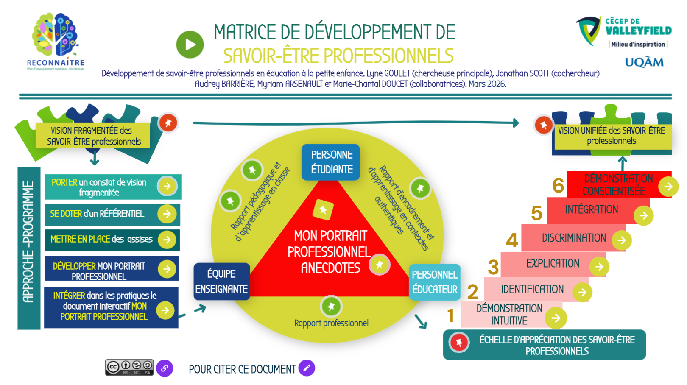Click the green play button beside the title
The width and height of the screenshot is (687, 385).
coord(190,45)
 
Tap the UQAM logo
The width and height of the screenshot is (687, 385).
coord(644,62)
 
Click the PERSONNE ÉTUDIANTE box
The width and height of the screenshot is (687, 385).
coord(331,162)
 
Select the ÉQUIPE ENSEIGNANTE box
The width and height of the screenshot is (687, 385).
coord(221,282)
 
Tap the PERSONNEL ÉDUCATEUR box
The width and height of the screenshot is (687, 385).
coord(435,282)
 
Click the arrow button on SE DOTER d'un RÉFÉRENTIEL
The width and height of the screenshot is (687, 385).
coord(167,214)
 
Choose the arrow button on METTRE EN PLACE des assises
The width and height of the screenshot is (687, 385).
coord(167,240)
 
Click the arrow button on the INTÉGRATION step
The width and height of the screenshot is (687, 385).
coord(643,215)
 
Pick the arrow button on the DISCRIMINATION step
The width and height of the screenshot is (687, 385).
coord(622,240)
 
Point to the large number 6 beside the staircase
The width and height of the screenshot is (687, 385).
coord(558,186)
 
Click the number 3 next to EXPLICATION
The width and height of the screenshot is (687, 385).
coord(493,268)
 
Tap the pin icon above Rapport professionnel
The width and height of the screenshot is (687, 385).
coord(331,306)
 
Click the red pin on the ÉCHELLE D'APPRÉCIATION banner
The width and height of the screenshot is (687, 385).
coord(459,342)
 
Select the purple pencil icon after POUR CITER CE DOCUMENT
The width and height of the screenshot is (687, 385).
coord(307,368)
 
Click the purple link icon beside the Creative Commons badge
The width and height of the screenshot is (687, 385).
coord(165,368)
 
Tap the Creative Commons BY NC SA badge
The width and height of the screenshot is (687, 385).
coord(129,367)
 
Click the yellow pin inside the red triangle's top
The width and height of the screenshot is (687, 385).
coord(323,209)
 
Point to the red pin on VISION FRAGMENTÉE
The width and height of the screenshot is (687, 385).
coord(168,123)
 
